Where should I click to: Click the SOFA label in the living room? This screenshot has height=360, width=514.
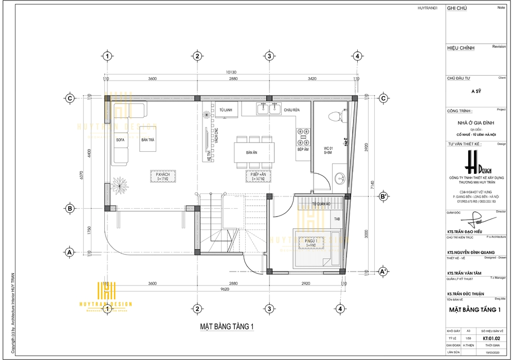(120, 140)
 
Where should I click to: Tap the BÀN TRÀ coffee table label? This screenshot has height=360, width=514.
(149, 140)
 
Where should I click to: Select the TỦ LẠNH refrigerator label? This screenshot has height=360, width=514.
(225, 110)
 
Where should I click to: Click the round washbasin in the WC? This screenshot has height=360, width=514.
(339, 178)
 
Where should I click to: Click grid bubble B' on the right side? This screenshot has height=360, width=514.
(383, 196)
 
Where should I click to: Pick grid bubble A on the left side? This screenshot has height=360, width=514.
(68, 253)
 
